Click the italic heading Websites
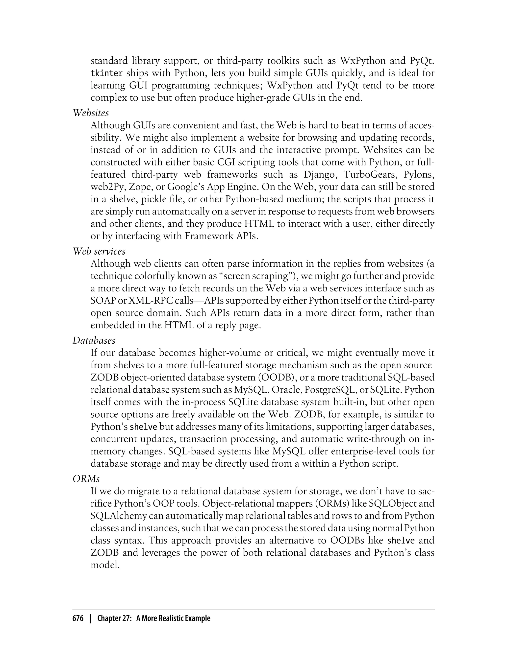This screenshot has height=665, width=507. [91, 113]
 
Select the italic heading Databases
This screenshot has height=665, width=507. [94, 340]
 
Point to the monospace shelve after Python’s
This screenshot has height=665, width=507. [143, 427]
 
